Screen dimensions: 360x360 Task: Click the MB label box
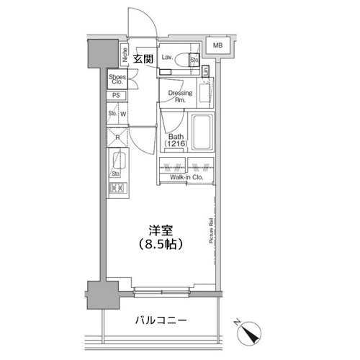point(217,45)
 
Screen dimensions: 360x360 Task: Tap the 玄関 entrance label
point(143,59)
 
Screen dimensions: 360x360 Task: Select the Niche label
point(125,54)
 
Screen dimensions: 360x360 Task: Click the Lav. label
point(167,56)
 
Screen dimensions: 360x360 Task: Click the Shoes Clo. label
point(117,78)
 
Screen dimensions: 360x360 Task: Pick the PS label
point(115,96)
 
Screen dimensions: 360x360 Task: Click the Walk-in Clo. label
point(186,176)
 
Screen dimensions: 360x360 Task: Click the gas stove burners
point(117,189)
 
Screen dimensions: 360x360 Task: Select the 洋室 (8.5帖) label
point(161,237)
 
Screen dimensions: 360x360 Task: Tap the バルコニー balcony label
point(161,320)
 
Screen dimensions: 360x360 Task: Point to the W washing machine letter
point(123,113)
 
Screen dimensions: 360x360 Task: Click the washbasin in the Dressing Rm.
point(205,89)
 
